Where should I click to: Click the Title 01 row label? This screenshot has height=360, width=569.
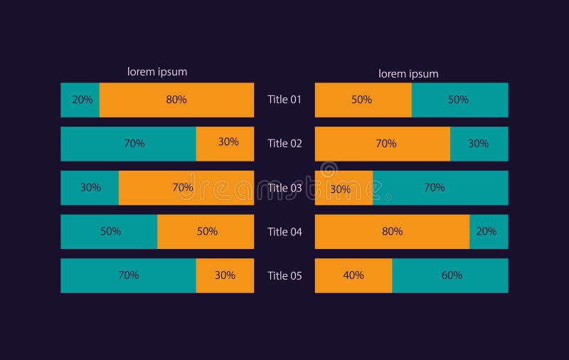coord(284,100)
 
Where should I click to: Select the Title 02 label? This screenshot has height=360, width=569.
coord(284,144)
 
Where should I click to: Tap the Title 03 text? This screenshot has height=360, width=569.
coord(284,188)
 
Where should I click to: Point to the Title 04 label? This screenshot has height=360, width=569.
coord(284,232)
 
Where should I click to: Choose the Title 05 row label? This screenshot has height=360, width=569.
coord(284,276)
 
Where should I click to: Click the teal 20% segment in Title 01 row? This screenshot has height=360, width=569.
coord(80,100)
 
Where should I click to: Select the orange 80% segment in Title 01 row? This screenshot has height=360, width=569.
coord(176,100)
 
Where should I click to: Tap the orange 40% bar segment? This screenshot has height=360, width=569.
coord(353,275)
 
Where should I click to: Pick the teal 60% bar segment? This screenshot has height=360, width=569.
coord(450,275)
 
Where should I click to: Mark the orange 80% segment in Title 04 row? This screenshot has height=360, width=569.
coord(392,231)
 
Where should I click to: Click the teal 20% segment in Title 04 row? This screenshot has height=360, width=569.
coord(489,231)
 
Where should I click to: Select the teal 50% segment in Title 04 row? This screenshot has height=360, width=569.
coord(109,231)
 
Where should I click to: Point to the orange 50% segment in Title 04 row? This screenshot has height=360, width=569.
coord(206,231)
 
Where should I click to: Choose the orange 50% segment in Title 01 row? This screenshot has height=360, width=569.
coord(363,100)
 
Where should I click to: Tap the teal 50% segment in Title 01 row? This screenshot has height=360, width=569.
coord(459,100)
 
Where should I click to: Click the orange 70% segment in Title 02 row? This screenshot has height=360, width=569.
coord(383,144)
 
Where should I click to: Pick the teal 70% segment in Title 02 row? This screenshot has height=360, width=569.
coord(129,144)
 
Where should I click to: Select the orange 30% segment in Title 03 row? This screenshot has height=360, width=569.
coord(344,188)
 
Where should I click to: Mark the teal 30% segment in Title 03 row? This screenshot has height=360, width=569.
coord(90,188)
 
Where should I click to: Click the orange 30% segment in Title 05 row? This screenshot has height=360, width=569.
coord(225,275)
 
